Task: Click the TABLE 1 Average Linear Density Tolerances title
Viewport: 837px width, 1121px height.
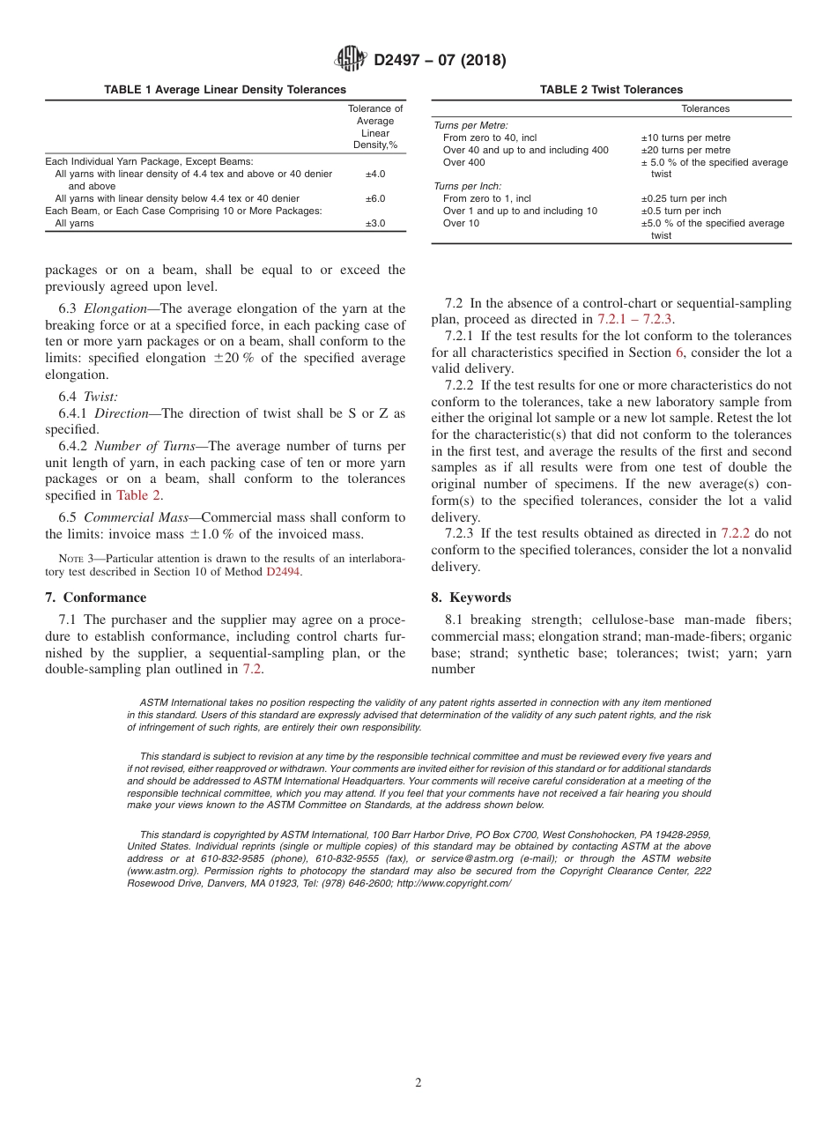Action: click(225, 90)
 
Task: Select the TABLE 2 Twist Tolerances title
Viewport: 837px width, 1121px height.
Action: click(611, 90)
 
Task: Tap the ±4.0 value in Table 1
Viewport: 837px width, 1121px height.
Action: click(374, 174)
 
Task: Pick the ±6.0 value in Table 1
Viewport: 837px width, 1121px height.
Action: click(374, 199)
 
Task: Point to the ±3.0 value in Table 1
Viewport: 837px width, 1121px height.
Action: click(374, 224)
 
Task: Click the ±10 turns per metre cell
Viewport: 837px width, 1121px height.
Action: click(685, 138)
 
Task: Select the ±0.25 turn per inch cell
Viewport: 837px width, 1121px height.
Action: click(684, 199)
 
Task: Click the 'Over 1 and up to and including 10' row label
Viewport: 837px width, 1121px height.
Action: click(520, 212)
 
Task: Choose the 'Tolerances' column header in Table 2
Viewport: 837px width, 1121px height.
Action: click(705, 109)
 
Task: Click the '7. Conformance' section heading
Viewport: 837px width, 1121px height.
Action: click(96, 598)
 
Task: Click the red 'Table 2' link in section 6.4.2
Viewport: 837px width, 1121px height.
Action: click(138, 495)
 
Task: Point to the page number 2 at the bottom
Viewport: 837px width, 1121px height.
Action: click(418, 1083)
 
